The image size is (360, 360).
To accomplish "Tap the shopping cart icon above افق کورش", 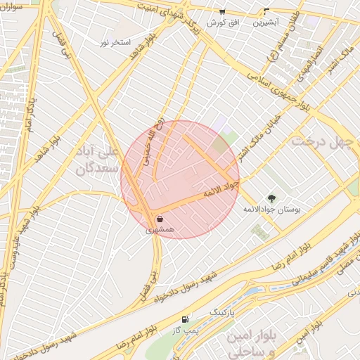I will [222, 12].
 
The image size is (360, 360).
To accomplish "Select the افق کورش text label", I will [223, 22].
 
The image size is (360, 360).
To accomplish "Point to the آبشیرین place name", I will [266, 22].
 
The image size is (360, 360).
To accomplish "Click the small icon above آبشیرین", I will [266, 12].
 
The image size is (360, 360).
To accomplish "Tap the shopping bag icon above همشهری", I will [160, 219].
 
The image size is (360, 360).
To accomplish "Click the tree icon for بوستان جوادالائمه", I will [271, 198].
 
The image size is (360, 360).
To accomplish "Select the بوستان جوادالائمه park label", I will [271, 210].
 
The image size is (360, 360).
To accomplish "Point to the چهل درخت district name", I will [320, 142].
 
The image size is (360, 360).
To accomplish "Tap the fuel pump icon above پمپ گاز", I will [185, 318].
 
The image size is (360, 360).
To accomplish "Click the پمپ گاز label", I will [185, 329].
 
